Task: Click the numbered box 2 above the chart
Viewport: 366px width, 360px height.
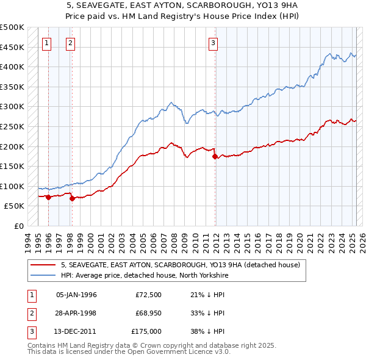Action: [x=71, y=43]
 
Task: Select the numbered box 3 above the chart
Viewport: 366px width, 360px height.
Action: [x=213, y=43]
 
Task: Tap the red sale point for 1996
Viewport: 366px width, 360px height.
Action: [x=48, y=197]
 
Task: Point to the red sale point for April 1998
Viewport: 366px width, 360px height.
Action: [x=72, y=198]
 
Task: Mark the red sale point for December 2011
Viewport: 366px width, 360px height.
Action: [x=215, y=157]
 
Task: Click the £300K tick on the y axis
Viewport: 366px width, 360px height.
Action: [x=13, y=107]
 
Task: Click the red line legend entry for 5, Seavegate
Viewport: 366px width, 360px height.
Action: [x=180, y=265]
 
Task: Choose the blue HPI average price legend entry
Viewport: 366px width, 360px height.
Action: [x=144, y=276]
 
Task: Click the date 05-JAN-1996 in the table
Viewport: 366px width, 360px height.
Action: [x=76, y=295]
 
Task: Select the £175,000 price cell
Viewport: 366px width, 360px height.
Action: [x=146, y=331]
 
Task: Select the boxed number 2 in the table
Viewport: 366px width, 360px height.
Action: [x=30, y=314]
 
